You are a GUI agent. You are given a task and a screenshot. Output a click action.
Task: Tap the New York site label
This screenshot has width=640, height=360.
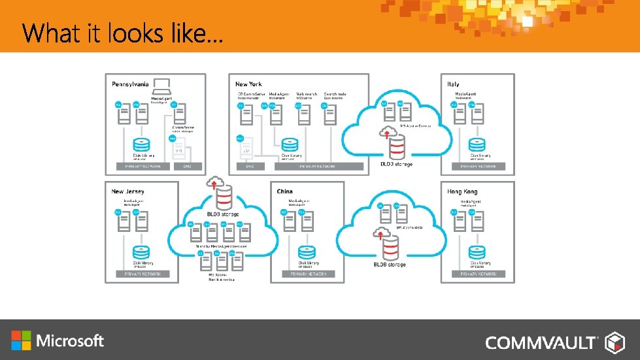248,84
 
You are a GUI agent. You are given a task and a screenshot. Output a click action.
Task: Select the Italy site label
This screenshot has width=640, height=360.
453,84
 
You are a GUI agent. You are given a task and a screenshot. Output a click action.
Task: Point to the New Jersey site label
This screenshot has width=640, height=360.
127,191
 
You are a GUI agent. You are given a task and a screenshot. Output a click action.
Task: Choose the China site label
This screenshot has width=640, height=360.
284,191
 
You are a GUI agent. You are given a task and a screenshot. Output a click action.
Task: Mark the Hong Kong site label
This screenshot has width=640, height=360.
462,191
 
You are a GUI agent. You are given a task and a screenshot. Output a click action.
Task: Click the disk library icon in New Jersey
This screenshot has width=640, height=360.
141,252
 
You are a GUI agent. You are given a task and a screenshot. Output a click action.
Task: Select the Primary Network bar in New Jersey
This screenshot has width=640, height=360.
143,274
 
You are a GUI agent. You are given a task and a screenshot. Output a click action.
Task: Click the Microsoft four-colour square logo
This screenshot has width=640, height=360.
21,340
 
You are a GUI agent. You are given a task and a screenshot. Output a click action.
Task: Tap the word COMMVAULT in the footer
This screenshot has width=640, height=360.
541,342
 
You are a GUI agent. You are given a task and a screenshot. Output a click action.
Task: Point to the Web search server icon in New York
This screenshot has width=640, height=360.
302,115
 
